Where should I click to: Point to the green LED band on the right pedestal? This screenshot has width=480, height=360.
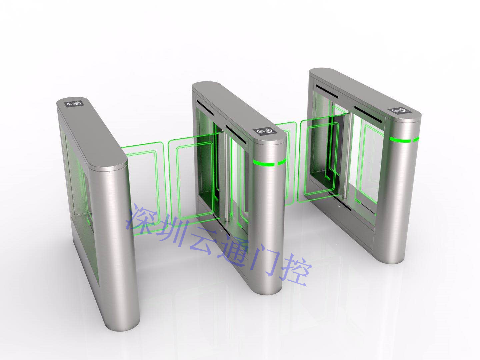coord(405,139)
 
